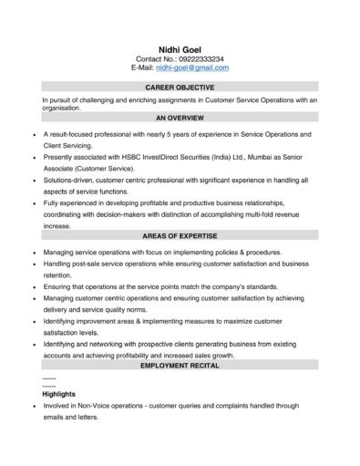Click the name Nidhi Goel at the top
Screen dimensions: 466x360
(180, 49)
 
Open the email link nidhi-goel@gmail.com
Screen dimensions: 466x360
(192, 67)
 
